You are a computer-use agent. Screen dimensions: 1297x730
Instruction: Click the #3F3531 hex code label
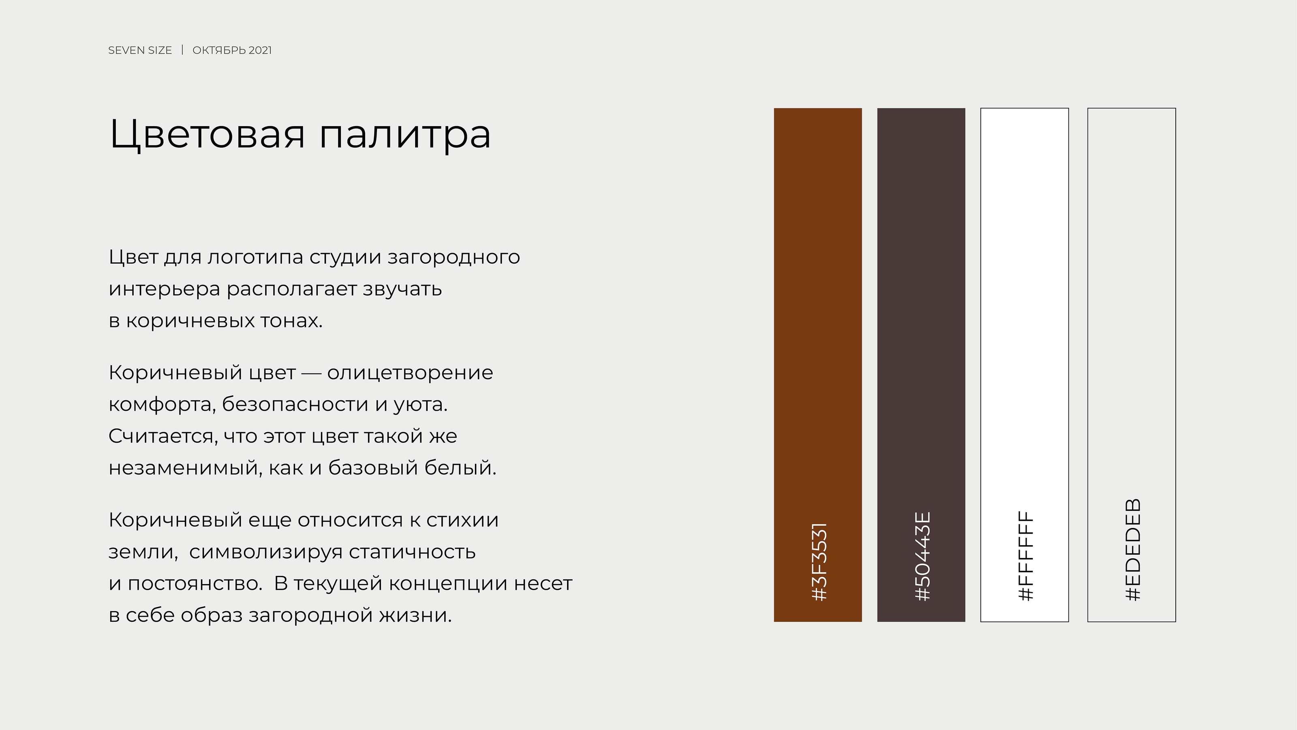tap(819, 562)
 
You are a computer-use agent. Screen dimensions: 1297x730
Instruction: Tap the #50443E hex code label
tap(922, 556)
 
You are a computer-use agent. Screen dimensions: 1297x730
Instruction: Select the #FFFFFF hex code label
tap(1025, 556)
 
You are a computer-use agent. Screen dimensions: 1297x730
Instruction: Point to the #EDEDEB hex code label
tap(1133, 550)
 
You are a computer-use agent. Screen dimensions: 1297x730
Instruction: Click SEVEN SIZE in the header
tap(140, 50)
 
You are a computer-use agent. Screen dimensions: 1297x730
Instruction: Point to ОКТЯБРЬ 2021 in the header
tap(232, 50)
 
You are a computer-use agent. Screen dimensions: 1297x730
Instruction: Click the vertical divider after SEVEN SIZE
tap(182, 50)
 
